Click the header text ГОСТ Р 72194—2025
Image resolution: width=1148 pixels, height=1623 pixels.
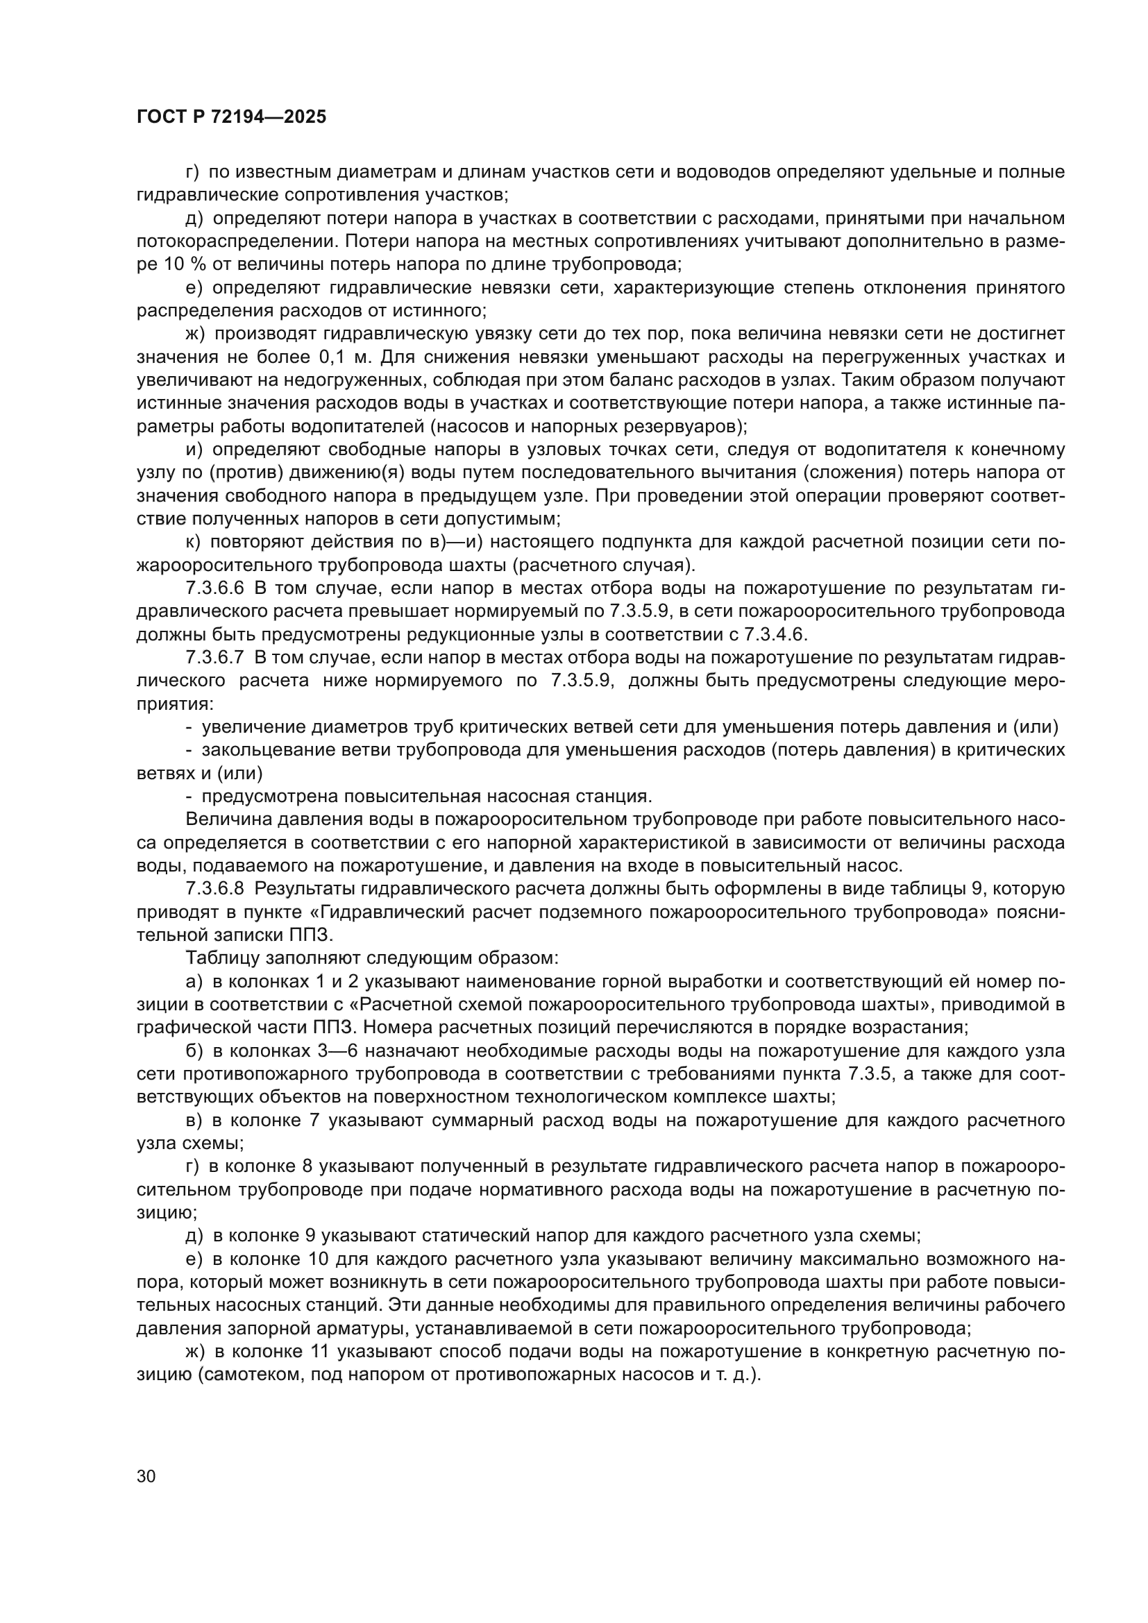coord(231,117)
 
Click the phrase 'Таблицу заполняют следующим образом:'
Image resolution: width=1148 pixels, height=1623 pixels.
coord(372,958)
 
